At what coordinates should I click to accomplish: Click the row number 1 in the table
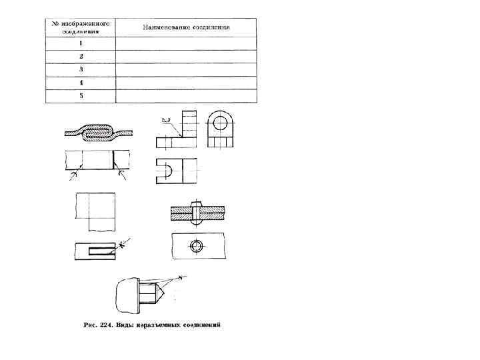tap(81, 43)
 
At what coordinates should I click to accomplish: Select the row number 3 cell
tap(81, 69)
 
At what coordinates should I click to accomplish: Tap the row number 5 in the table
tap(81, 95)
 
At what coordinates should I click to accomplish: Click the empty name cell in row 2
tap(186, 57)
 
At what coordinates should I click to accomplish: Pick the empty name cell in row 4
tap(186, 83)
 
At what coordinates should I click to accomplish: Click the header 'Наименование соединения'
tap(186, 27)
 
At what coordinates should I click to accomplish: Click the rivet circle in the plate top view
tap(196, 246)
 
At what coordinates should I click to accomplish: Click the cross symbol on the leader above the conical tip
tap(181, 277)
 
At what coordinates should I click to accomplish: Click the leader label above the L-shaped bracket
tap(165, 120)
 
